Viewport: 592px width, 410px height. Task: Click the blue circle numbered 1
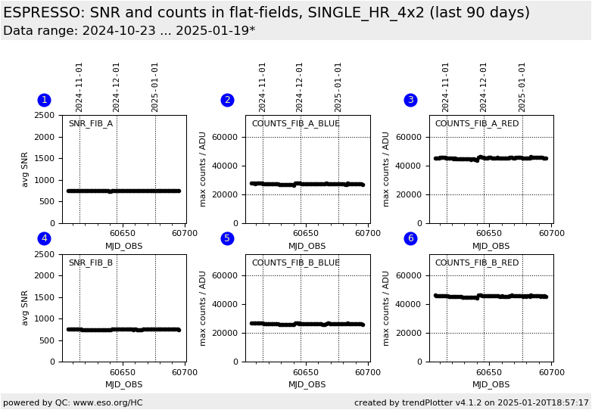click(44, 100)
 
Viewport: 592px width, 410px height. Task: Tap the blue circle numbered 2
click(227, 100)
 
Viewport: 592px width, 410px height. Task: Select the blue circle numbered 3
click(410, 100)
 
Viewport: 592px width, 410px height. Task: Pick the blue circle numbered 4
click(44, 238)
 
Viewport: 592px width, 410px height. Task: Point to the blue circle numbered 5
click(227, 238)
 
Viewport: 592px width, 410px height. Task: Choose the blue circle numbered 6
click(410, 238)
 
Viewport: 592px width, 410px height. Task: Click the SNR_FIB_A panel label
click(91, 123)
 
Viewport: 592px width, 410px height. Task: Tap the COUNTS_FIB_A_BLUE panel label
click(295, 123)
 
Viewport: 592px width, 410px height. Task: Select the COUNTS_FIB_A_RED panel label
click(477, 123)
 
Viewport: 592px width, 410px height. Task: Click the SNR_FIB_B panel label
click(91, 262)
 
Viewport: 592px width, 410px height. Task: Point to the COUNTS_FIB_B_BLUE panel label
click(295, 262)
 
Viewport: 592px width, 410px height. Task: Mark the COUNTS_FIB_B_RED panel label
click(477, 262)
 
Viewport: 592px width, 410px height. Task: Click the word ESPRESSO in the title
click(42, 13)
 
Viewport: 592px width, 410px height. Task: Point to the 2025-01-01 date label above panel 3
click(522, 87)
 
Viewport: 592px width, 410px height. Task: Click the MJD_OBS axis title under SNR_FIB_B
click(123, 384)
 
